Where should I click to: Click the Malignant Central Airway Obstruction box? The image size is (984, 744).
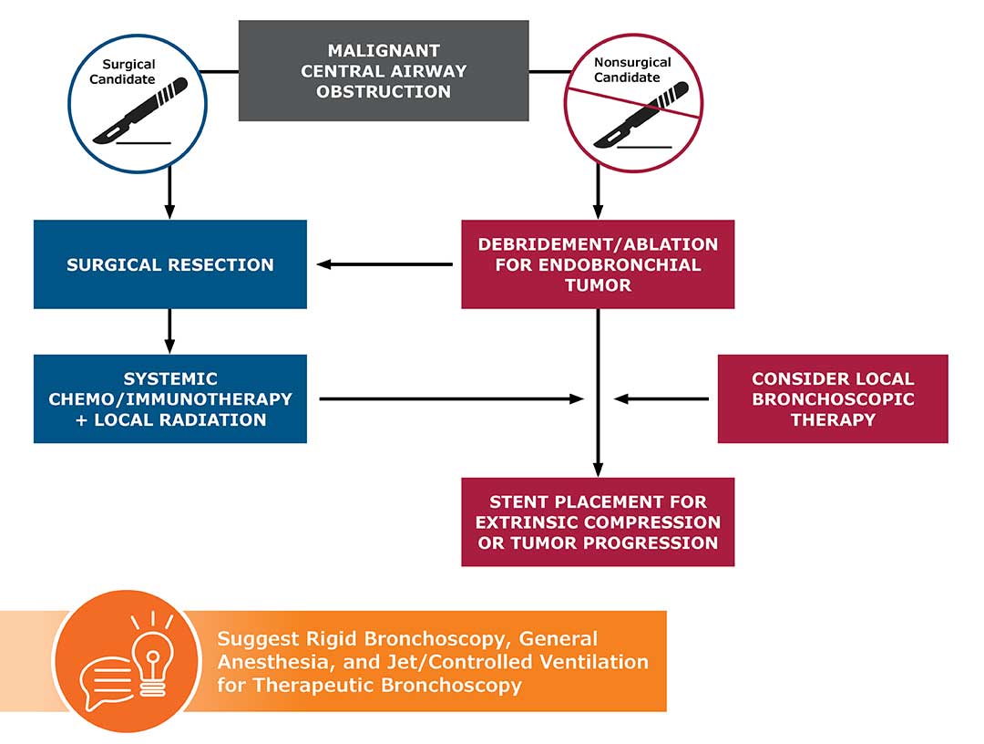384,71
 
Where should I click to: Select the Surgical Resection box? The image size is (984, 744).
169,264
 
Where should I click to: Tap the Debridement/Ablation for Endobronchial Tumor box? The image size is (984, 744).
598,264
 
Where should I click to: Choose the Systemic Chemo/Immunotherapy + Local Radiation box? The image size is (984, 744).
169,399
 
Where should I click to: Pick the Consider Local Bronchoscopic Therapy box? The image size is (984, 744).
833,399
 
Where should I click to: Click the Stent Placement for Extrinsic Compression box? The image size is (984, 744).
598,522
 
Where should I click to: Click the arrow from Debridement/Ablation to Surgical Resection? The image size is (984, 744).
384,265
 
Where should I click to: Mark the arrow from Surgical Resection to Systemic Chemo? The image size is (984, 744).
169,331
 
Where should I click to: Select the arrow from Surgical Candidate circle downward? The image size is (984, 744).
169,195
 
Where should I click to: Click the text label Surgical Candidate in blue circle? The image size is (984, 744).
128,72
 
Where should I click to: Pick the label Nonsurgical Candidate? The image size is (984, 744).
632,70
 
